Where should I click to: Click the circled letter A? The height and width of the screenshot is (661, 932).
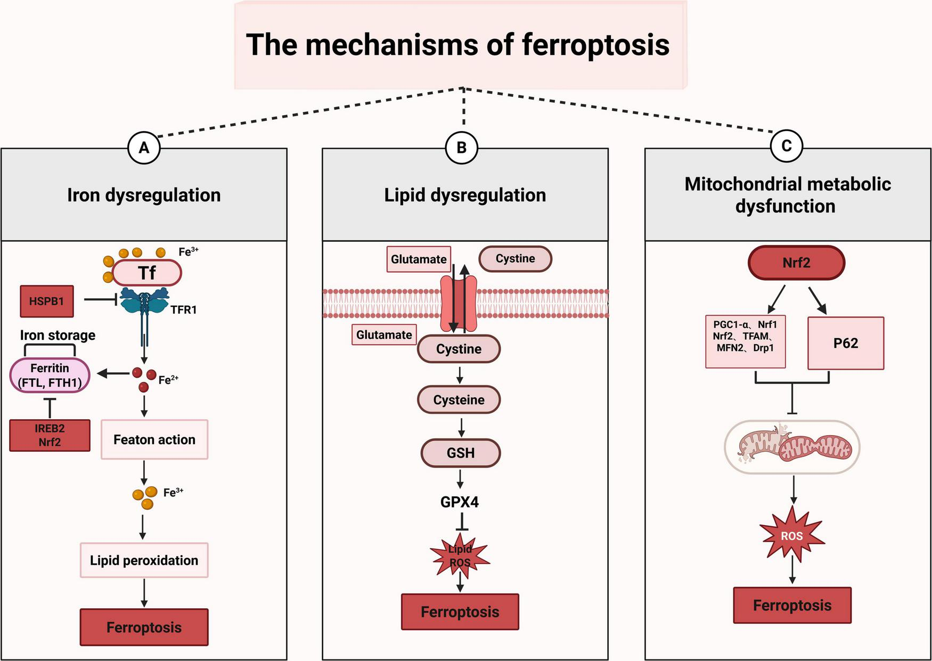coord(144,148)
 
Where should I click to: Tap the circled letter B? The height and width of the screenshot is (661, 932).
coord(461,148)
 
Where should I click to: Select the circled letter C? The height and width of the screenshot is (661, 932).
coord(786,146)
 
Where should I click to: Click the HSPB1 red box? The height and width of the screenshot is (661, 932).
coord(46,301)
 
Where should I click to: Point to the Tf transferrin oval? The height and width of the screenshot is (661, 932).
coord(147,273)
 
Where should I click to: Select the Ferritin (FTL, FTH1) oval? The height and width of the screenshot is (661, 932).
coord(50,376)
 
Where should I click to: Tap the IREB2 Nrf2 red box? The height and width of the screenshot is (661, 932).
coord(50,435)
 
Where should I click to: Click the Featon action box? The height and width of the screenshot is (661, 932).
coord(154,439)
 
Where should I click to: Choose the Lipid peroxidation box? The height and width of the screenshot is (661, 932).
coord(144,560)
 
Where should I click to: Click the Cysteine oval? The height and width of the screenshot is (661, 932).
coord(459,400)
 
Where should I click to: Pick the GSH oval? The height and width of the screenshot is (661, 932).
coord(461,453)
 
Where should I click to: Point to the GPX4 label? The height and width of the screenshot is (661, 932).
coord(460,502)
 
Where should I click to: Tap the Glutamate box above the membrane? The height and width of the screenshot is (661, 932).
coord(419,259)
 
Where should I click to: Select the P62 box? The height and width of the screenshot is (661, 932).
coord(845,344)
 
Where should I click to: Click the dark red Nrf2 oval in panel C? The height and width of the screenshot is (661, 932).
coord(796,263)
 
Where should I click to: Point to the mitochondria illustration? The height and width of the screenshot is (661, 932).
coord(792,447)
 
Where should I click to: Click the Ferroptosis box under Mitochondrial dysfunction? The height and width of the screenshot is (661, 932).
coord(792,606)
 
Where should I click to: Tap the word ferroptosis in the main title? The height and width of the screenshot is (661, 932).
coord(595,45)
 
